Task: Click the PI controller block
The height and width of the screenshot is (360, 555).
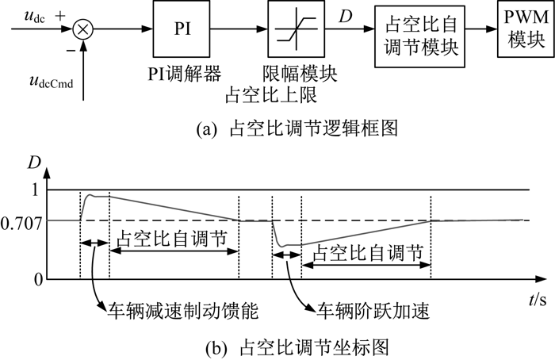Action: click(x=182, y=29)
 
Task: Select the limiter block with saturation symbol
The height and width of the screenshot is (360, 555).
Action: click(x=296, y=29)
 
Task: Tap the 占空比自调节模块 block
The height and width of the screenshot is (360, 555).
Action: click(x=419, y=36)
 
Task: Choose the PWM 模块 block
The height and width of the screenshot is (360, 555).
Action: click(x=526, y=29)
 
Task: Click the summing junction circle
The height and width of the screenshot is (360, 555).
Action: click(x=82, y=29)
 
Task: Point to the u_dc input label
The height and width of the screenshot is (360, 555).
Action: click(x=35, y=16)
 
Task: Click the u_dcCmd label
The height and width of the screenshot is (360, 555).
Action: click(x=52, y=82)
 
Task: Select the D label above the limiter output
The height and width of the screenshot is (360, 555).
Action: click(x=345, y=16)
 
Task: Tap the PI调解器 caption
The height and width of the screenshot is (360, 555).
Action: click(x=185, y=73)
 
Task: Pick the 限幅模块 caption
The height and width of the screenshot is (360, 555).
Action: click(x=300, y=73)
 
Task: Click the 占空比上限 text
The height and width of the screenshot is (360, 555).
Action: click(x=271, y=94)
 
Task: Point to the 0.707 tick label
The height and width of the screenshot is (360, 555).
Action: click(x=21, y=224)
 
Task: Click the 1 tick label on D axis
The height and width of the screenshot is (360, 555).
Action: click(x=35, y=190)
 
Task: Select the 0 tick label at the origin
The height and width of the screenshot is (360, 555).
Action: click(x=38, y=280)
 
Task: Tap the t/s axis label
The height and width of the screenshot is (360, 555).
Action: click(x=538, y=300)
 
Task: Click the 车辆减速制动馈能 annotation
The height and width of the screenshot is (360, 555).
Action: click(x=183, y=311)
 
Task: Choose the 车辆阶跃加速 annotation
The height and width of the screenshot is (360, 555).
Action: click(x=373, y=311)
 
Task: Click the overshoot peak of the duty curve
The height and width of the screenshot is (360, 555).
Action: click(x=91, y=195)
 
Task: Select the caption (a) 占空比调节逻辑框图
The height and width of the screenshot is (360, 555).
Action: click(x=297, y=128)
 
